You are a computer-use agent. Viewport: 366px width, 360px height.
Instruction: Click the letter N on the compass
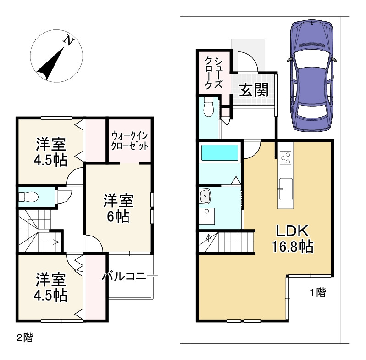(x=69, y=41)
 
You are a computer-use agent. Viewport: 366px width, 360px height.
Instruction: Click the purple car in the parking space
(x=312, y=76)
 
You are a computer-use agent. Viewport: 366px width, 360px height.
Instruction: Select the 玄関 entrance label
(x=254, y=90)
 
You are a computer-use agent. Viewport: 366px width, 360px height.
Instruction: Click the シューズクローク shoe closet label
(x=213, y=73)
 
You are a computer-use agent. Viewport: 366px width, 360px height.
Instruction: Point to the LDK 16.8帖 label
(x=293, y=238)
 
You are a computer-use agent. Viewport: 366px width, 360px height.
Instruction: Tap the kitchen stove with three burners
(x=286, y=158)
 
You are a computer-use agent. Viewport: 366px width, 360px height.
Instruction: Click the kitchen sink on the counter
(x=285, y=189)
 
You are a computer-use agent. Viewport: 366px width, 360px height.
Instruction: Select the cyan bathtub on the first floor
(x=220, y=152)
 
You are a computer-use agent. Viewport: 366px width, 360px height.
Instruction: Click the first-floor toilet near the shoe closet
(x=208, y=107)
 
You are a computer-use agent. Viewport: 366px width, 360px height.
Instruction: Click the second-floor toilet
(x=28, y=197)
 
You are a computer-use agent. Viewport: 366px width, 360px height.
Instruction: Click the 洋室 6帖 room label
(x=118, y=208)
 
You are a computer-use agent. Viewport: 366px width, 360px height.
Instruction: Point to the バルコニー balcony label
(x=130, y=276)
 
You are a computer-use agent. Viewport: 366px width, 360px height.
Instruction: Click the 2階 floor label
(x=24, y=337)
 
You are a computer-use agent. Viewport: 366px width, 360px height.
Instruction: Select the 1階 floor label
(x=318, y=292)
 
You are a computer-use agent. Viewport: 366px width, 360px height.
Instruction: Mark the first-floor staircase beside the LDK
(x=227, y=242)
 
